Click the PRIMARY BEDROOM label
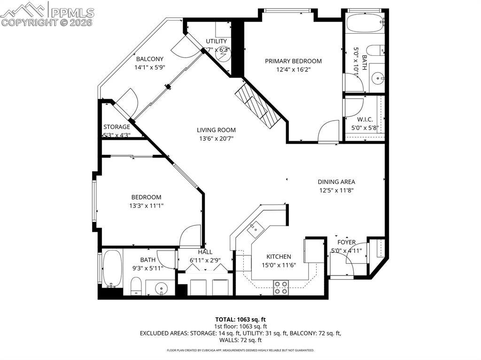tap(293, 61)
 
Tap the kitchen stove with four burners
tap(281, 287)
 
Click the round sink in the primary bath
tap(377, 78)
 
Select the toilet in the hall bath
tap(136, 286)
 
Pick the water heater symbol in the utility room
tap(222, 54)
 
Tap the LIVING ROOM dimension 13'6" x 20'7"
tap(216, 138)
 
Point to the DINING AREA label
tap(336, 182)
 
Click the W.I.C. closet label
tap(365, 120)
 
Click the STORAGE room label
tap(116, 127)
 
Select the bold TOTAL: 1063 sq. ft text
tap(240, 319)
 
